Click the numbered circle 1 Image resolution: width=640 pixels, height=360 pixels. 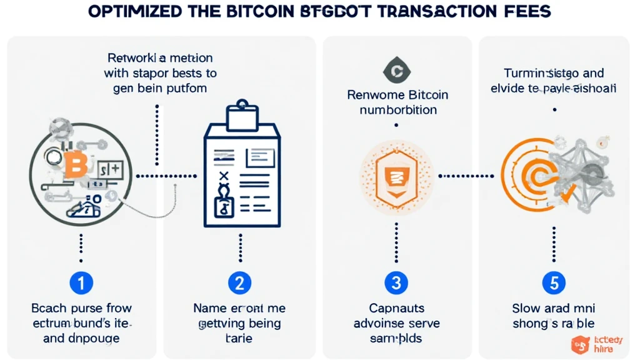click(81, 283)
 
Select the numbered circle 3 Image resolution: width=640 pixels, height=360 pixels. click(395, 283)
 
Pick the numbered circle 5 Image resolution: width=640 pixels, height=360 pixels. click(553, 283)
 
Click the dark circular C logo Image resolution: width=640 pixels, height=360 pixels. click(395, 71)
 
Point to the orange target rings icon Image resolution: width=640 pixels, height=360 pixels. click(530, 177)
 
